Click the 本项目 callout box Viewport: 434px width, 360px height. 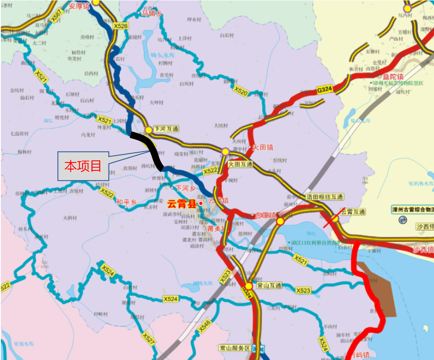point(83,166)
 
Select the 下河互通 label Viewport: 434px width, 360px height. point(166,129)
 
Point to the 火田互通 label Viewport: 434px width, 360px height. point(240,164)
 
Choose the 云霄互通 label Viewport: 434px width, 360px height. point(353,212)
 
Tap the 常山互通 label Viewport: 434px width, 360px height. point(269,286)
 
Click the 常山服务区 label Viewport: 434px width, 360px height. point(235,348)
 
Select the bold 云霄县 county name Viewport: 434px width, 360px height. point(182,204)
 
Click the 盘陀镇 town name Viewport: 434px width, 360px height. point(393,77)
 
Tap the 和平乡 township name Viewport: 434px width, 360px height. point(127,202)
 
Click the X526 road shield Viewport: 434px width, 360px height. point(121,26)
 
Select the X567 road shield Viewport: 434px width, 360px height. point(56,16)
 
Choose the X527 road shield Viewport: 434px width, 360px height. point(149,338)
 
